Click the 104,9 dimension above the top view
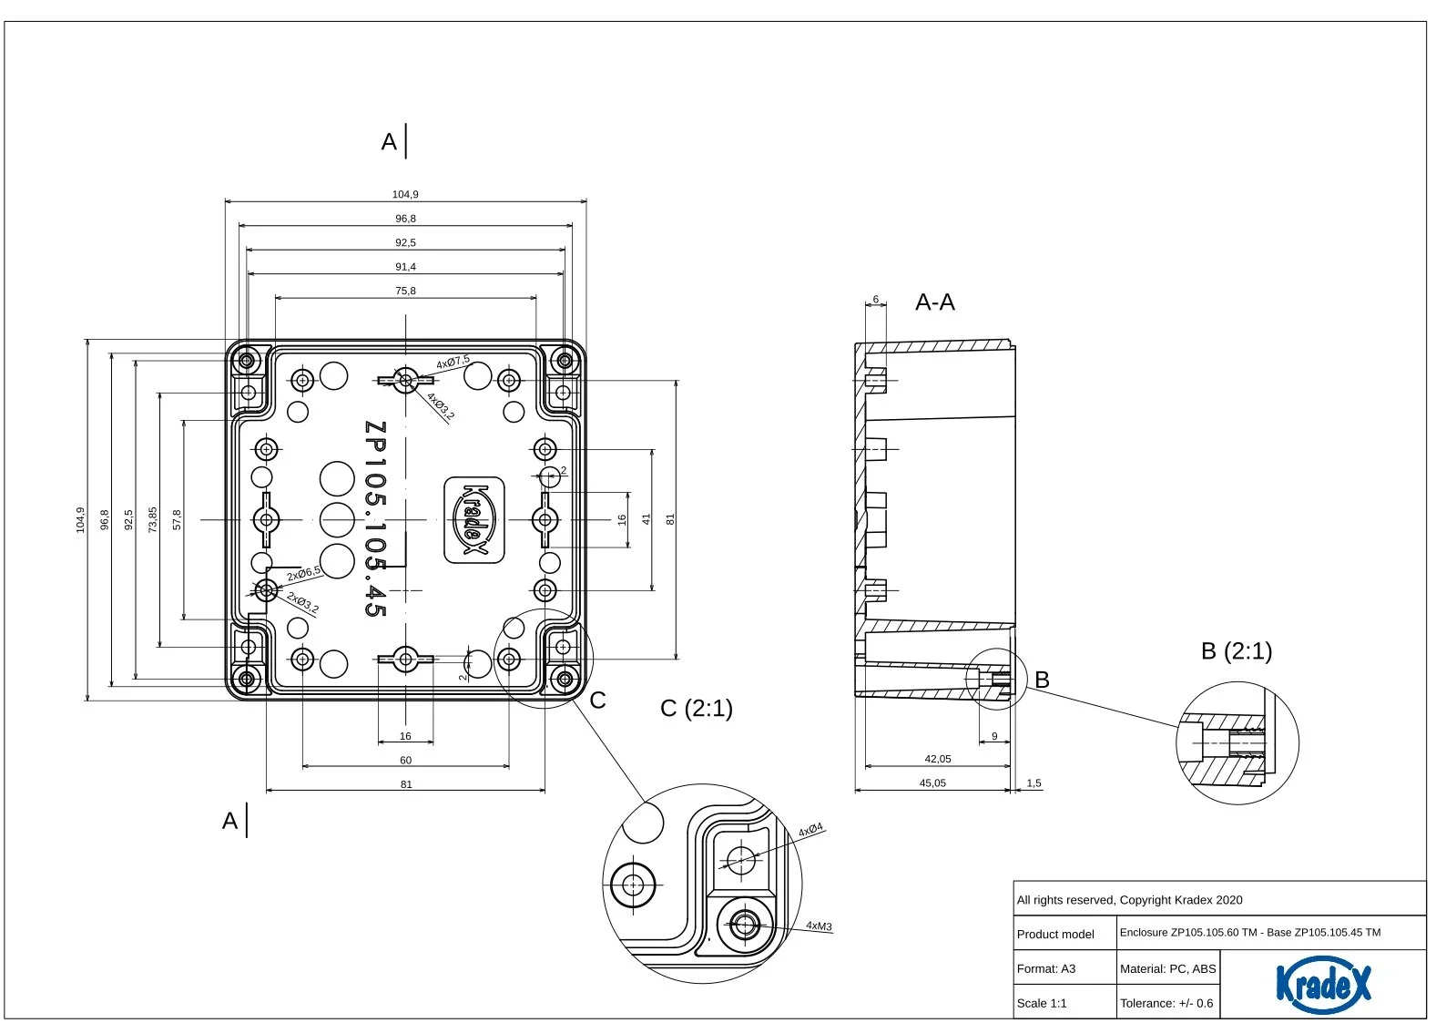tap(405, 194)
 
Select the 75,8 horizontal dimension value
tap(405, 291)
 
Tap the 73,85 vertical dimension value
tap(153, 519)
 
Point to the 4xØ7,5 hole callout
tap(453, 362)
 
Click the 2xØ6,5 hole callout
tap(304, 574)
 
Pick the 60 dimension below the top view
tap(405, 760)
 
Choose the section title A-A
tap(934, 302)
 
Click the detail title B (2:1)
tap(1236, 650)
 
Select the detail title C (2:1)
tap(696, 708)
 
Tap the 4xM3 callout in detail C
tap(819, 926)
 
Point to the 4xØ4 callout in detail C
tap(810, 830)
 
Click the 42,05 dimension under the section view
tap(937, 759)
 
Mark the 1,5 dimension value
tap(1034, 783)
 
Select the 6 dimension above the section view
tap(876, 299)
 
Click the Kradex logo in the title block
tap(1322, 984)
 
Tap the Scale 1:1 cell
tap(1042, 1003)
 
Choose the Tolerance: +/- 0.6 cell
tap(1166, 1003)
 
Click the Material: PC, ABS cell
tap(1167, 968)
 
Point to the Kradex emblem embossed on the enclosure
tap(474, 519)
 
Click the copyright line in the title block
tap(1129, 900)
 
